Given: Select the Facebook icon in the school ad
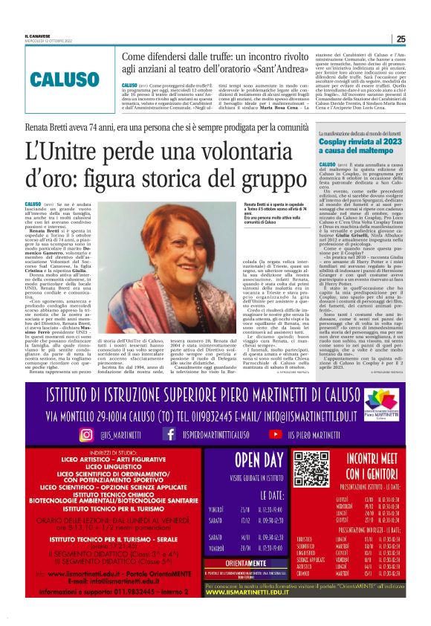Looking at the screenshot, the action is click(169, 433).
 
